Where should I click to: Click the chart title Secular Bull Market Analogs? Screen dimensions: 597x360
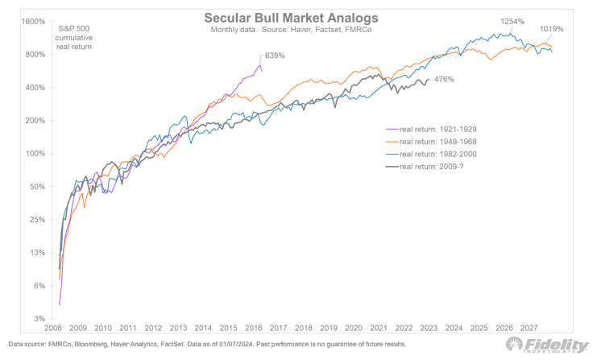pos(291,18)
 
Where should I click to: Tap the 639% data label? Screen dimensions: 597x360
pos(275,56)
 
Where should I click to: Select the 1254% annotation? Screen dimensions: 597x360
pos(512,21)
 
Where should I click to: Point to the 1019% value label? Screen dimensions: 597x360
pos(551,29)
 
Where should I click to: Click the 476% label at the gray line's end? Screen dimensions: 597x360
pos(444,79)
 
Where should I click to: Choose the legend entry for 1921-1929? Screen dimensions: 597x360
pos(431,130)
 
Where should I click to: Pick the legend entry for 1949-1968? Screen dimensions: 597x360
pos(431,142)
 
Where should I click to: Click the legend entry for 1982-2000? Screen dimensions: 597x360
pos(431,154)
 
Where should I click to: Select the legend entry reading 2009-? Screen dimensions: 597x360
pos(425,166)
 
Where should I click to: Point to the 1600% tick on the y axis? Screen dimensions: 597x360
pos(34,22)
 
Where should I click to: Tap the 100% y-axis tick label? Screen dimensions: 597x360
pos(35,154)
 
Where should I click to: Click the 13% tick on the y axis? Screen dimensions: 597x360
pos(37,253)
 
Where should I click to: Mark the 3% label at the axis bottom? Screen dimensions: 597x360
pos(39,319)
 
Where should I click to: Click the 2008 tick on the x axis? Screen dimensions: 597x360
pos(53,328)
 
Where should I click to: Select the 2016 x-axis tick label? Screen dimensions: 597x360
pos(254,328)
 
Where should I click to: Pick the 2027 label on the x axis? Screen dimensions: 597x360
pos(529,328)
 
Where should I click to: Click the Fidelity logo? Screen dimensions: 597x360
pos(548,345)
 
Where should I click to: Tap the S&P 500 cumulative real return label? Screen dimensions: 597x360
pos(74,38)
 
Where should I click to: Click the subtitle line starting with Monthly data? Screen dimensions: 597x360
pos(292,30)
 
